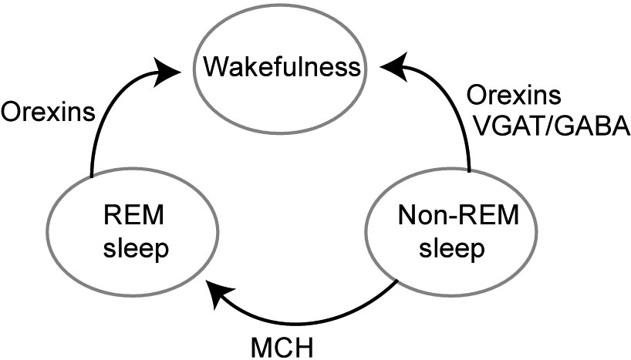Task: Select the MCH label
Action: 282,345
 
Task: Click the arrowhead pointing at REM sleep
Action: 218,290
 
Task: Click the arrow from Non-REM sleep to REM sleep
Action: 324,318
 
